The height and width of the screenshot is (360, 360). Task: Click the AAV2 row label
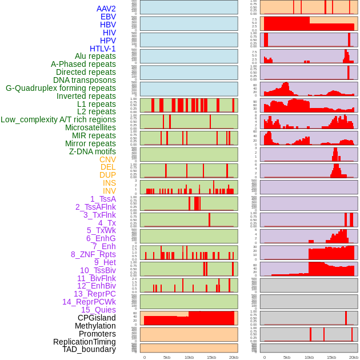106,9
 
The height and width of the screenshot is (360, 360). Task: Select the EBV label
108,17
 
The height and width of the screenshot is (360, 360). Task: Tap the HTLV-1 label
103,49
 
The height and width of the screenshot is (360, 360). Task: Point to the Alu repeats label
95,56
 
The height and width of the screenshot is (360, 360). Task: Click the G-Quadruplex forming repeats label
61,88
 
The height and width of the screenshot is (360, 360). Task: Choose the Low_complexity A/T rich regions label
58,119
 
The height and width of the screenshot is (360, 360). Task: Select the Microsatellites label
90,127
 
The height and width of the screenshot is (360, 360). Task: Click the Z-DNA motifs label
93,151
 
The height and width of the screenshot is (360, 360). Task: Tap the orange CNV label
107,159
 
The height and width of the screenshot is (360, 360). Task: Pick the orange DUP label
107,175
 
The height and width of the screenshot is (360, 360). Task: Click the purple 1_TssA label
103,199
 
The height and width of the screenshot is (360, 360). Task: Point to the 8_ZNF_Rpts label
93,254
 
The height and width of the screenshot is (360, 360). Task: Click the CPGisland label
97,318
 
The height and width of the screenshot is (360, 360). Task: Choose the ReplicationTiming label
85,342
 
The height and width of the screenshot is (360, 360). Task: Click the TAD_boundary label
89,349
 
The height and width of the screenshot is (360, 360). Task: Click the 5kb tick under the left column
167,357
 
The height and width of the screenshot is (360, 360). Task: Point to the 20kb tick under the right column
354,357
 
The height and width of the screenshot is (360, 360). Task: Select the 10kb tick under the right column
309,357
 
